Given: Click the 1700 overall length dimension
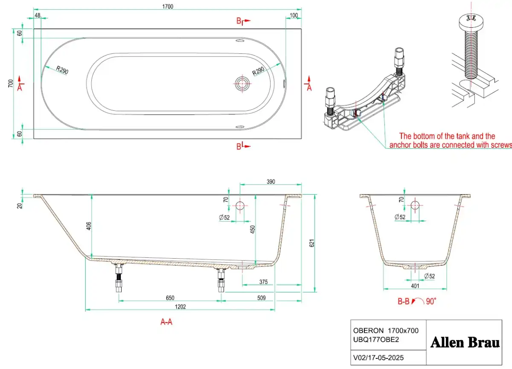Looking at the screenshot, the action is (x=168, y=6).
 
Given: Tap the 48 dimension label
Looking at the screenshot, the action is (x=38, y=15).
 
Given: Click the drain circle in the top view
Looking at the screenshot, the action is (x=242, y=84).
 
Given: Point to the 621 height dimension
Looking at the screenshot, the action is (x=311, y=243).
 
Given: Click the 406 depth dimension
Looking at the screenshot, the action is (x=89, y=226).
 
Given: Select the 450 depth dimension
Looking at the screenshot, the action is (x=252, y=229).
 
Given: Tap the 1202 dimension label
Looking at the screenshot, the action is (x=180, y=307).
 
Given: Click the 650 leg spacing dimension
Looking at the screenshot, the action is (x=170, y=298).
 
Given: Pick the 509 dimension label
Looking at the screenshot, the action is (x=262, y=298).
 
